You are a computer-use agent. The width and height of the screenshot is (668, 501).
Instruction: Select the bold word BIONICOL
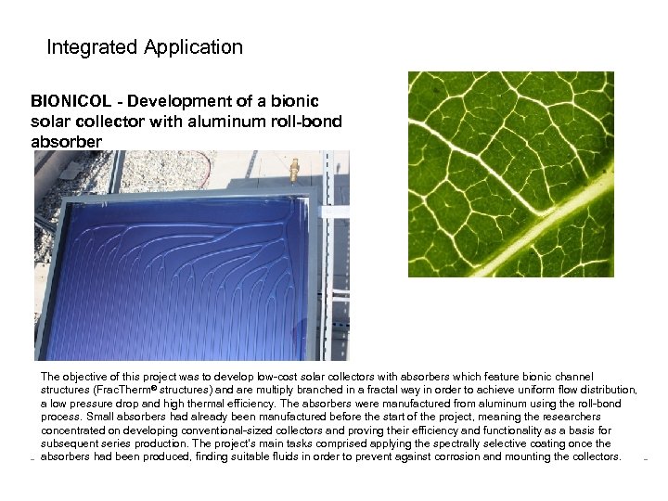[68, 101]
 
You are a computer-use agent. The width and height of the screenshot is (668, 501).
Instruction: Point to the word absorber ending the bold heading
[66, 142]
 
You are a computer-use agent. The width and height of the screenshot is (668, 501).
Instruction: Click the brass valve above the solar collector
[294, 169]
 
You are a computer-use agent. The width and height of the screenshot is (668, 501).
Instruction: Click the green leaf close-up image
[510, 173]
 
